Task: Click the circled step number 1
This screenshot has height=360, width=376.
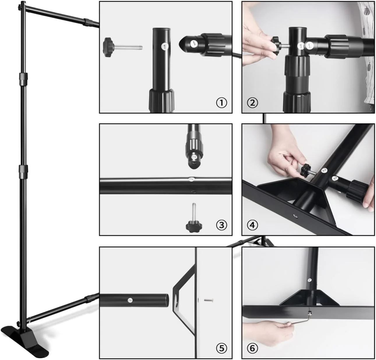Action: (x=221, y=103)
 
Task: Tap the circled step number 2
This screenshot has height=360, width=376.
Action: (x=252, y=103)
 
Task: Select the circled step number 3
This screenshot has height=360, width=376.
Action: (x=221, y=225)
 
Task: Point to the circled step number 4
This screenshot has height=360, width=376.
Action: (x=252, y=225)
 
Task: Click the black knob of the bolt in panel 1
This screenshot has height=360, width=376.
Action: (x=109, y=47)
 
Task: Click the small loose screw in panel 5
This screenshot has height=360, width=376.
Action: (x=209, y=300)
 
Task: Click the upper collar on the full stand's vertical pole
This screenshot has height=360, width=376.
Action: (x=23, y=79)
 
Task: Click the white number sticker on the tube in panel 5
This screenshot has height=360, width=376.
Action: (x=130, y=300)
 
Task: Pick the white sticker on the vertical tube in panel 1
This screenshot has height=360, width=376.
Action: (x=165, y=47)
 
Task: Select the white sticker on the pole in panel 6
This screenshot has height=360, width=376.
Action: (x=310, y=280)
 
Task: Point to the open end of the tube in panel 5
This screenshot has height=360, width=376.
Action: (x=167, y=300)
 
